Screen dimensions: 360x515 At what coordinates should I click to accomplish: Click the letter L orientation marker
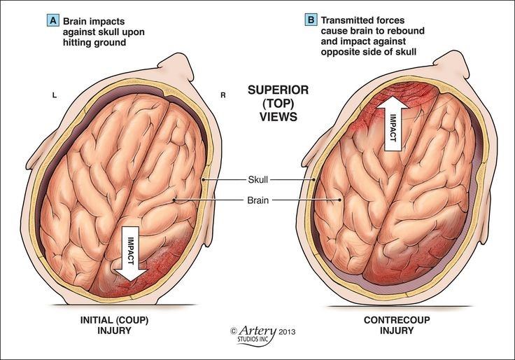(x=54, y=94)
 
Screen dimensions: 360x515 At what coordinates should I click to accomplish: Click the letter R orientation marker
(x=223, y=94)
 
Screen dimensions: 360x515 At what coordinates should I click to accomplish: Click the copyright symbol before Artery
(x=234, y=330)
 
